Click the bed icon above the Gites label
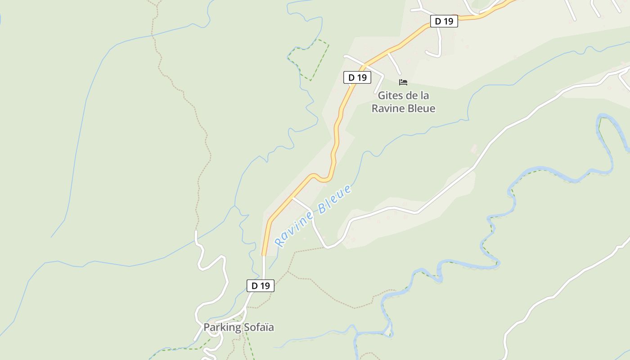(x=403, y=82)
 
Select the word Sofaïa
(x=259, y=327)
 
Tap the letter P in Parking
(x=207, y=327)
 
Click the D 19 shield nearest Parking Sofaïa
(x=260, y=285)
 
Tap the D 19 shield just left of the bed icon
(x=357, y=77)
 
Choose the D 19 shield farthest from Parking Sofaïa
(x=444, y=21)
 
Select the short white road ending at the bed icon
(x=394, y=63)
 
